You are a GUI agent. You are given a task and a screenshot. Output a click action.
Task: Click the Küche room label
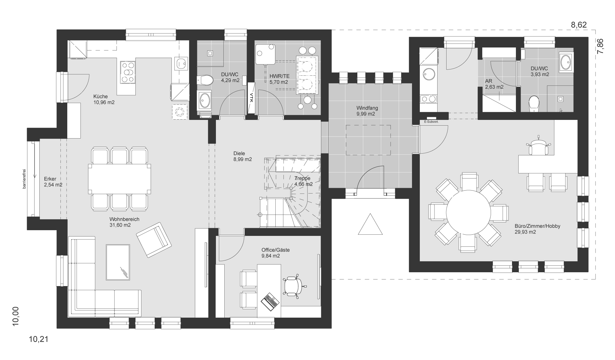[100, 96]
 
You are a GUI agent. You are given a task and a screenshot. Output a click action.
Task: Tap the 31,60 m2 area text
[120, 225]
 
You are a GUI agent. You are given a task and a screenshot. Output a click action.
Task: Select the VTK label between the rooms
[251, 98]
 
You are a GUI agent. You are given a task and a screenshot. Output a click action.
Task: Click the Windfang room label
[367, 108]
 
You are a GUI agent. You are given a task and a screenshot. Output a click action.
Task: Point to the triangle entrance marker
[370, 225]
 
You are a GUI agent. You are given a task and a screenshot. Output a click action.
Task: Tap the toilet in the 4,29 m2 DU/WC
[205, 80]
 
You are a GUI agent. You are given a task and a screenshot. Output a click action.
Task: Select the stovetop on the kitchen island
[128, 72]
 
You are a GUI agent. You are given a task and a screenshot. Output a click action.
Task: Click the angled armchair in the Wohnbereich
[154, 239]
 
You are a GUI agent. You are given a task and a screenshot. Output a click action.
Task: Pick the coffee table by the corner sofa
[118, 262]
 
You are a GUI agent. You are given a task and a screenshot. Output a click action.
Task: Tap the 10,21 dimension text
[38, 340]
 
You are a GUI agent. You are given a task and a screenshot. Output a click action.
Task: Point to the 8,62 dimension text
[578, 25]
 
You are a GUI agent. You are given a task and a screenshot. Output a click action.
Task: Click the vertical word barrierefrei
[24, 179]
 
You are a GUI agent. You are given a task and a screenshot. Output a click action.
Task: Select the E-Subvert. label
[431, 122]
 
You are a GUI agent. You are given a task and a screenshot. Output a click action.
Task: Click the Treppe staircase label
[302, 178]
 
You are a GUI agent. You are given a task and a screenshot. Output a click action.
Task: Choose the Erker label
[50, 179]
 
